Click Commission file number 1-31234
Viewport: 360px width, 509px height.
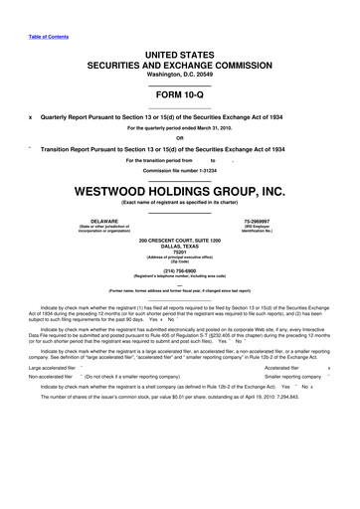179,168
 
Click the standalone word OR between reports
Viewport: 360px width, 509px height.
179,138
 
